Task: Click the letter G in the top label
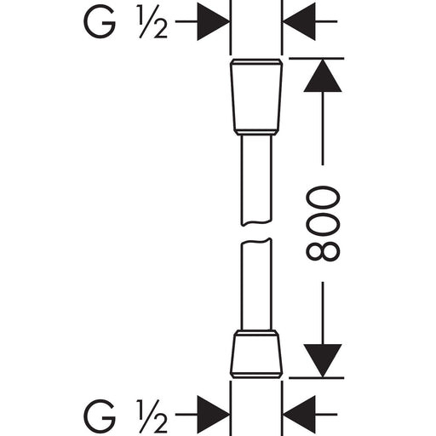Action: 100,21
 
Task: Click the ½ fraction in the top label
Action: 153,22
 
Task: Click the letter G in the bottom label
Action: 100,416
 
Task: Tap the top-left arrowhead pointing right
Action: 214,21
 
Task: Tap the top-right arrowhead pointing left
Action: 300,21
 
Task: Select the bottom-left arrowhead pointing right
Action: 214,415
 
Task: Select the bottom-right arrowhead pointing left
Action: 300,415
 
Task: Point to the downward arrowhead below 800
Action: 323,361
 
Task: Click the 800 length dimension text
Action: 323,223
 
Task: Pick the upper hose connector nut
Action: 256,97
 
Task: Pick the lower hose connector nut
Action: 256,354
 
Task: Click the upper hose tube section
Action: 256,181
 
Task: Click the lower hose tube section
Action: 256,284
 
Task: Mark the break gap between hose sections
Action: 256,232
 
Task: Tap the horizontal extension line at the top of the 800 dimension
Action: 316,59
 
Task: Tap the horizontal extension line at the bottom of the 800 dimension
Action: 316,378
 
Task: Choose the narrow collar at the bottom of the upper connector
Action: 256,132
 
